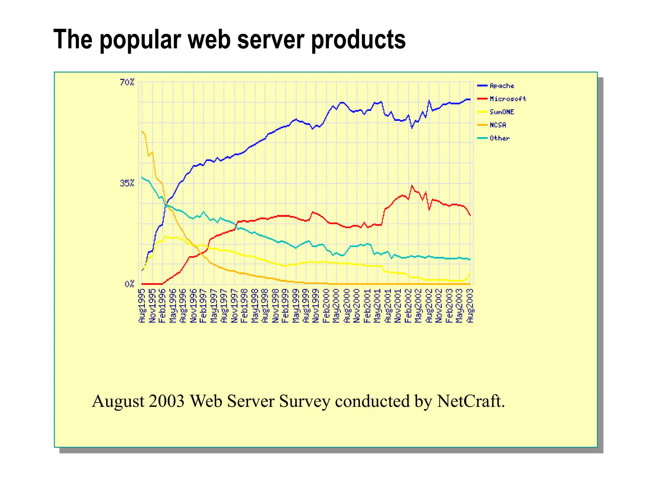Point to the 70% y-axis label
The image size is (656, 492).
pyautogui.click(x=127, y=83)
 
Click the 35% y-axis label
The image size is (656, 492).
pyautogui.click(x=127, y=183)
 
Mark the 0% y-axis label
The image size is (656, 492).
pyautogui.click(x=129, y=284)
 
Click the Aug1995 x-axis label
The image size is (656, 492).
pyautogui.click(x=142, y=306)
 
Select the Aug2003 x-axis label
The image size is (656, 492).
pyautogui.click(x=470, y=306)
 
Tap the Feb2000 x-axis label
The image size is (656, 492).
pyautogui.click(x=326, y=306)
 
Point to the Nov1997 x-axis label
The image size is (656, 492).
pyautogui.click(x=234, y=306)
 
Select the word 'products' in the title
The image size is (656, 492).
pyautogui.click(x=358, y=40)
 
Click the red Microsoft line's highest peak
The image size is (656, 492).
pyautogui.click(x=412, y=185)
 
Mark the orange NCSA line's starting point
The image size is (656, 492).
pyautogui.click(x=142, y=131)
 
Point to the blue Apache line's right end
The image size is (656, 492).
pyautogui.click(x=470, y=100)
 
